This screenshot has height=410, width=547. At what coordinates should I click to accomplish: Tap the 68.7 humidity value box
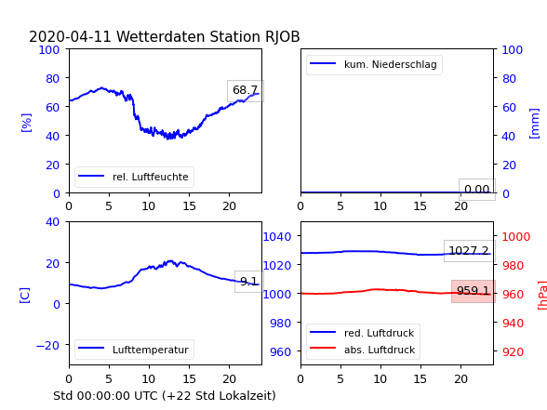coord(246,91)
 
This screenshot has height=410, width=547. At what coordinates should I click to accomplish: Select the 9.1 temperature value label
coord(249,282)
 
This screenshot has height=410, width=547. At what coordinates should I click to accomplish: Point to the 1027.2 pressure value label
coord(469,251)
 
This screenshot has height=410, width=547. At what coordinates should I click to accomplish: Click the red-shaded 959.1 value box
coord(474,291)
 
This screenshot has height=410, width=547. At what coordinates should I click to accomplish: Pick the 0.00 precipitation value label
coord(477,190)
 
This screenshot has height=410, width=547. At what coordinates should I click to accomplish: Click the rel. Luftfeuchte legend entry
coord(134,177)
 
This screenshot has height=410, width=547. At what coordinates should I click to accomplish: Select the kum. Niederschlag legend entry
coord(374,64)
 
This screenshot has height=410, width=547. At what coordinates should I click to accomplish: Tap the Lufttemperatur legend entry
coord(134,350)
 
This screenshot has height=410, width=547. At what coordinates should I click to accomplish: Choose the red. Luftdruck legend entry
coord(362,333)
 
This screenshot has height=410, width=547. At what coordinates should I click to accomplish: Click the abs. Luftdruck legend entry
coord(362,350)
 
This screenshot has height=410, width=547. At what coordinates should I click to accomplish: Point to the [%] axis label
coord(26,123)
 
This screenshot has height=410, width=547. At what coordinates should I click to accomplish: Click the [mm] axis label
coord(534,124)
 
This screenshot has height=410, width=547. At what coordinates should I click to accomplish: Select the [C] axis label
coord(24,296)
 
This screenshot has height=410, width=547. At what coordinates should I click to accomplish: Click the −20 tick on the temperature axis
coord(47,346)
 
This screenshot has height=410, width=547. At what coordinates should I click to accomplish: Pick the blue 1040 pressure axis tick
coord(277,237)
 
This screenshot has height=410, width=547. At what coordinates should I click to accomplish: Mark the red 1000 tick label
coord(516,237)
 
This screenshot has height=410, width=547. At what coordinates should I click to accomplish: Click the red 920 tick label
coord(513,351)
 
